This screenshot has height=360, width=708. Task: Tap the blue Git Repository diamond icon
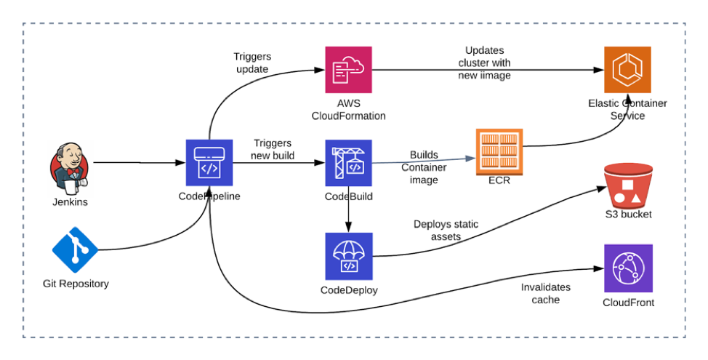pos(75,249)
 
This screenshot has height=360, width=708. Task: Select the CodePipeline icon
pos(209,163)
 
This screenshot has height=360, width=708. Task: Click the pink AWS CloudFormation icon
pos(348,70)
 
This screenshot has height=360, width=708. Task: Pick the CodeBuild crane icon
pos(348,163)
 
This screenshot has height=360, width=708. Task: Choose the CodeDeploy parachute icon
pos(348,256)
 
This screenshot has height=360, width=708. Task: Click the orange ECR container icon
pos(499,152)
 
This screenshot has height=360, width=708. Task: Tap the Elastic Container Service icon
pos(627,70)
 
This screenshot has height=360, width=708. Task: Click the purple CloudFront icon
pos(628,268)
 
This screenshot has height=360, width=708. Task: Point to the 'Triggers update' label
pos(251,63)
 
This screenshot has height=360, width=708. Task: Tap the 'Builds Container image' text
pos(424,167)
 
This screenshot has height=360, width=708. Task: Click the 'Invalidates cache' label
pos(546,293)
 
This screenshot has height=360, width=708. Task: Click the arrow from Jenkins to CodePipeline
pos(138,163)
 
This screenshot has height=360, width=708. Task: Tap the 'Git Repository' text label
pos(76,284)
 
